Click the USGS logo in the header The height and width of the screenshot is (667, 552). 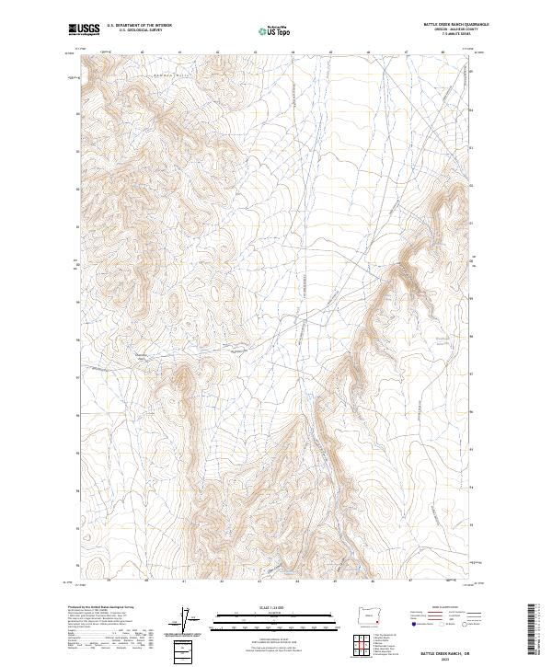coord(84,29)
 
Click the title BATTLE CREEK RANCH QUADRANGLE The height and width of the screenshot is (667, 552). coord(454,24)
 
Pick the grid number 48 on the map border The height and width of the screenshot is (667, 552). coord(443,52)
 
